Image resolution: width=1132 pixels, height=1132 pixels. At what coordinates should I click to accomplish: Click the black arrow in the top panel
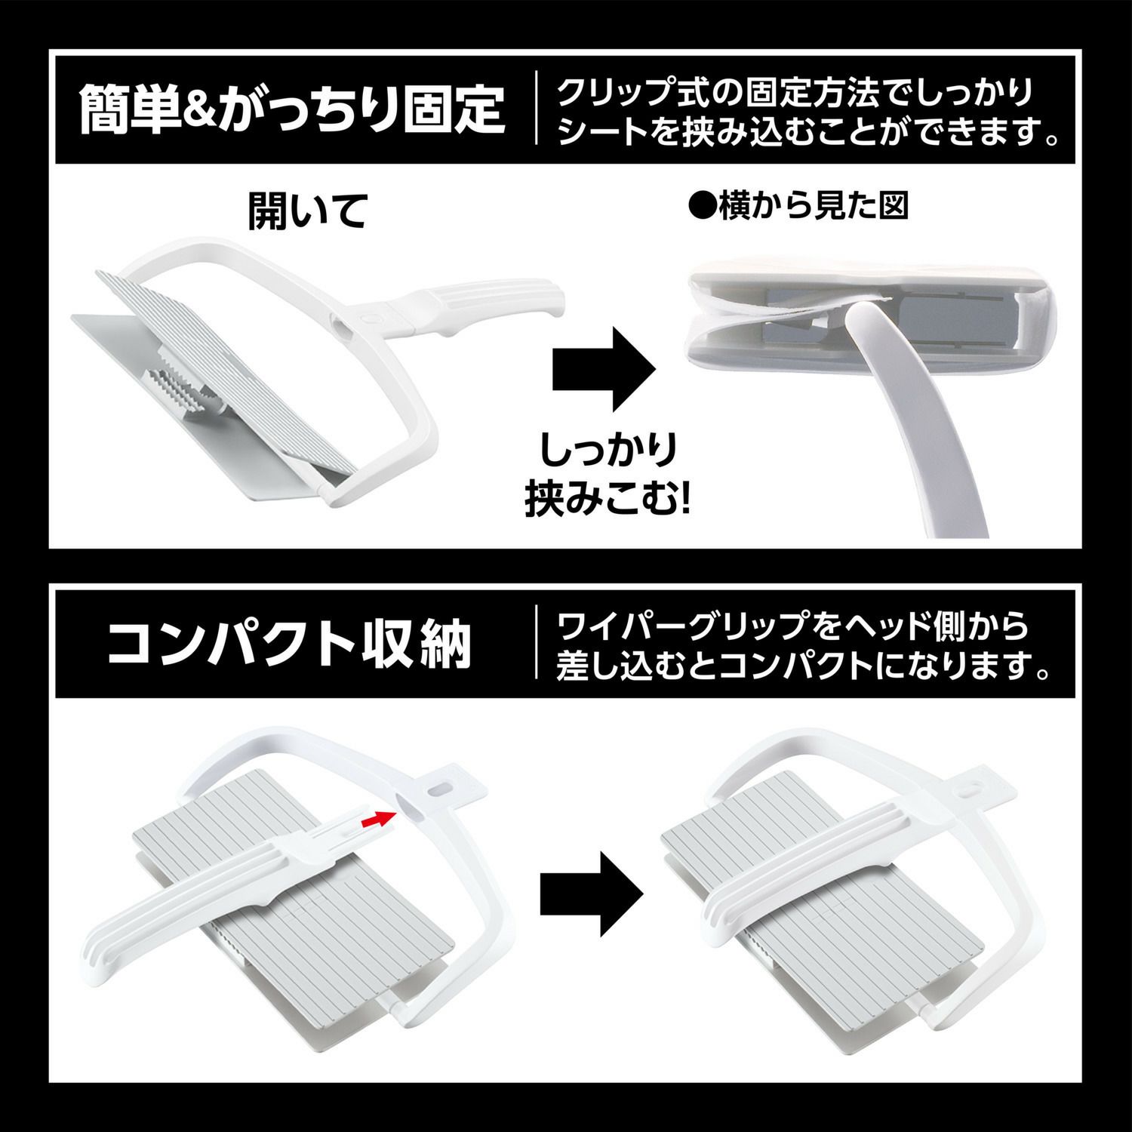pos(604,368)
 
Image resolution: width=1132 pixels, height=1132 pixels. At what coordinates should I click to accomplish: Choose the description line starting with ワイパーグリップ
pos(792,626)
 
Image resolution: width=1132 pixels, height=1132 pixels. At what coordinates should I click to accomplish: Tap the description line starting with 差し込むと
pos(803,665)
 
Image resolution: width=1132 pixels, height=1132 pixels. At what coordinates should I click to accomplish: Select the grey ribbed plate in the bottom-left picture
pos(294,883)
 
